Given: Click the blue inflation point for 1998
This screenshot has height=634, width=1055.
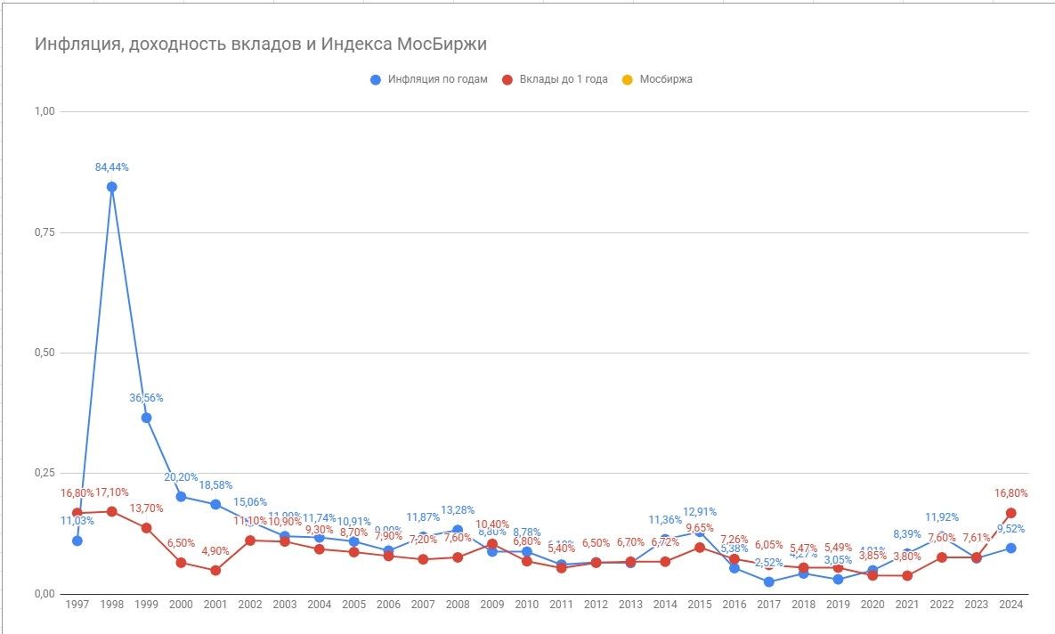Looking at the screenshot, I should tap(112, 187).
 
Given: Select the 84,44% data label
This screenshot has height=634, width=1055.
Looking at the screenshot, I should tap(112, 167).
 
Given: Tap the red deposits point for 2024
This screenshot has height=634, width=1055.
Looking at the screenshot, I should tap(1011, 513).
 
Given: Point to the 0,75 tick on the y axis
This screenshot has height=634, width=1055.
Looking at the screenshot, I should tap(44, 232).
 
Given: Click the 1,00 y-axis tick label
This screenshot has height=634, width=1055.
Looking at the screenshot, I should tap(44, 111).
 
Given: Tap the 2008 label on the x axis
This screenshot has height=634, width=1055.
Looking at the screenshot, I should tap(458, 605).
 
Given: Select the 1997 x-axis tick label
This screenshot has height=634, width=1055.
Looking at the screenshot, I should tap(77, 605).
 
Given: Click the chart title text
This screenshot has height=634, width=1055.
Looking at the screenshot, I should tap(261, 44).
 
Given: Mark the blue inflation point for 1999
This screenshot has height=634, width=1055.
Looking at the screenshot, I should tap(147, 418).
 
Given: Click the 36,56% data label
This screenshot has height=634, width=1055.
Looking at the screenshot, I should tap(147, 397).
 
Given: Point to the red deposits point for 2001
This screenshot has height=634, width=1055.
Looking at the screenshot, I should tap(215, 570).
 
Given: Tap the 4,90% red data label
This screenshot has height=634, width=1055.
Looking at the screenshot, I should tap(215, 551).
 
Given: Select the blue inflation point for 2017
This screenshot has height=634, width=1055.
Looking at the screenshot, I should tap(769, 581).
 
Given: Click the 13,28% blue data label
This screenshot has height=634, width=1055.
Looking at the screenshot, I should tap(458, 510).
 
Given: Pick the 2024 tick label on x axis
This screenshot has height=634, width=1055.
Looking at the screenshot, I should tap(1011, 605).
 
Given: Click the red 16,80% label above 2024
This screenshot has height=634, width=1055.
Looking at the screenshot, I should tap(1011, 492).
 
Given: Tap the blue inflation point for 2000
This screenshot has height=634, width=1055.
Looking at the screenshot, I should tap(182, 497).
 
